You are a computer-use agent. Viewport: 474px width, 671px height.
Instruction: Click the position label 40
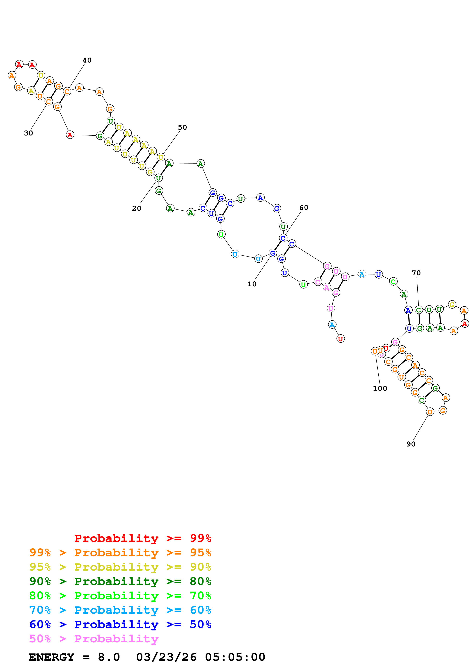[87, 60]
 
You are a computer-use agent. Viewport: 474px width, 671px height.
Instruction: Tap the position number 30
[28, 133]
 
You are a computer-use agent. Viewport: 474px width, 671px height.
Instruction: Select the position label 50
[182, 127]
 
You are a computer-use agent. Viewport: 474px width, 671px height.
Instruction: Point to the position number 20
[136, 208]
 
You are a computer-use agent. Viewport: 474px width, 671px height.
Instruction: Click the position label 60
[304, 208]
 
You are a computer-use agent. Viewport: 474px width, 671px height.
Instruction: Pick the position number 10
[252, 284]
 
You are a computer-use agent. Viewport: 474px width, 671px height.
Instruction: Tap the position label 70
[416, 273]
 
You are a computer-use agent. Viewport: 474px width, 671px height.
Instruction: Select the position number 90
[411, 444]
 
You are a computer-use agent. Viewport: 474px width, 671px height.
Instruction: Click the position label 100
[380, 388]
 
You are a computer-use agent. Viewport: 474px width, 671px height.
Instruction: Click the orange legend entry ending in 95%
[120, 553]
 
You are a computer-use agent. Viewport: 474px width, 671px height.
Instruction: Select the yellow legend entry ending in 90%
[120, 567]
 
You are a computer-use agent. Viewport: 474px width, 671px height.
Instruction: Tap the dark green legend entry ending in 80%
[120, 581]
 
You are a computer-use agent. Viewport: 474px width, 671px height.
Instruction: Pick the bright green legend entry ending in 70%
[120, 596]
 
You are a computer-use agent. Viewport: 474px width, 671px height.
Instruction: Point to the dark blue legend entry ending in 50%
[120, 624]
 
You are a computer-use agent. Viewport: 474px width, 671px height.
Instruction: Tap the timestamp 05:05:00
[235, 657]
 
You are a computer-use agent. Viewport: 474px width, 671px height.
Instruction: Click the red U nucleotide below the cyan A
[341, 339]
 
